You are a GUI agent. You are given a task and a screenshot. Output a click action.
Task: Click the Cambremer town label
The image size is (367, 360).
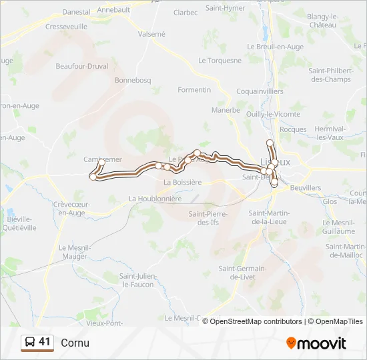[x=103, y=160]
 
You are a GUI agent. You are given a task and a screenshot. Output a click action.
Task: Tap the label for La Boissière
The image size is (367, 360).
[x=182, y=181]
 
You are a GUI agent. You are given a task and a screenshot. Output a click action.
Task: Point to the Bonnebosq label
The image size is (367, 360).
[x=133, y=80]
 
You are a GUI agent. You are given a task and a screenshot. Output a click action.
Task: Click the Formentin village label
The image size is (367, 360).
[x=194, y=90]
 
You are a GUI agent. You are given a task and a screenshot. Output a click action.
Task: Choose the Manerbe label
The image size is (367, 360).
[x=226, y=110]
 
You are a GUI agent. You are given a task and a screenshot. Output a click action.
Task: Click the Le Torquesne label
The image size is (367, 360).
[x=220, y=60]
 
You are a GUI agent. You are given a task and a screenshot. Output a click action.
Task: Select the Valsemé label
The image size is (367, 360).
[x=151, y=33]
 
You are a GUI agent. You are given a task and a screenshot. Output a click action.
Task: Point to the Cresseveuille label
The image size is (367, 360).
[x=67, y=27]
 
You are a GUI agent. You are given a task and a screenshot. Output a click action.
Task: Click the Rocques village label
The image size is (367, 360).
[x=294, y=129]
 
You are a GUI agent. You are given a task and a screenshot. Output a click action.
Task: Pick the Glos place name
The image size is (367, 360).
[x=330, y=201]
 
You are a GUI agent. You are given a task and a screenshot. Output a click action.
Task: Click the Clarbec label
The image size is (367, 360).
[x=186, y=13]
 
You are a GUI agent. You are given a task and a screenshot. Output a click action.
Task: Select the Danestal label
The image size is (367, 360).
[x=76, y=12]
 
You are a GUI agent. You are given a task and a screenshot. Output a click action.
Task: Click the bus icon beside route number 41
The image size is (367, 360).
[x=30, y=343]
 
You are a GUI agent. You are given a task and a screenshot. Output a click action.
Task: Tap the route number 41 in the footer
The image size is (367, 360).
[x=45, y=342]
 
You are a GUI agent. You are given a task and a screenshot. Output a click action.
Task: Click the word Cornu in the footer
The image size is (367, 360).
[x=75, y=343]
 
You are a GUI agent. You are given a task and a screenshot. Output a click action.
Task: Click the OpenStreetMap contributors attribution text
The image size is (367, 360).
[x=256, y=321]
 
